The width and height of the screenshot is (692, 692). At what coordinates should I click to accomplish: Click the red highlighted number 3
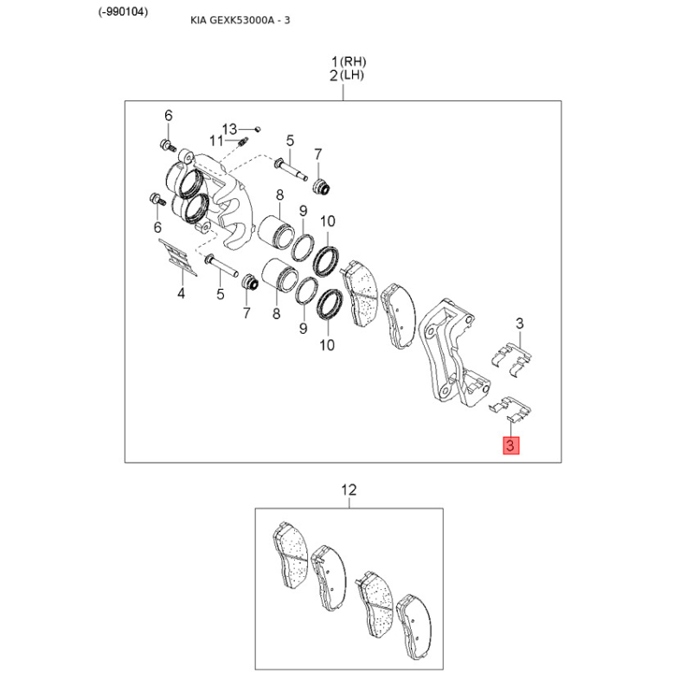point(511,445)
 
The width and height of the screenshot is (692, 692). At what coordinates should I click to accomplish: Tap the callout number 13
point(229,129)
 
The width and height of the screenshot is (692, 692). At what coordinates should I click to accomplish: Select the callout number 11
point(216,141)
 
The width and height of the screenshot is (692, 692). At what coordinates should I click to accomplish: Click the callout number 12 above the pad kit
point(349,490)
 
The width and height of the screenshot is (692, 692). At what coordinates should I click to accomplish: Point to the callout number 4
point(181,293)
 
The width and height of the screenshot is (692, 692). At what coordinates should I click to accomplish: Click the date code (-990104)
point(123,12)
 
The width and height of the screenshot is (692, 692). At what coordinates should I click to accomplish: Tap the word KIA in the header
point(198,20)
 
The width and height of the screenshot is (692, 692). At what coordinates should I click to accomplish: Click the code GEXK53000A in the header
point(242,20)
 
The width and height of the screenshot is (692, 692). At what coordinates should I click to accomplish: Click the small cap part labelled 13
point(258,129)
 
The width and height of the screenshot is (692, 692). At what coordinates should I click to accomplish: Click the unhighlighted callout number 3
point(520,324)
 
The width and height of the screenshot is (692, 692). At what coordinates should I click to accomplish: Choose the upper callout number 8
point(279,195)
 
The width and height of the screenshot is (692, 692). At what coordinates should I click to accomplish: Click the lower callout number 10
point(327,344)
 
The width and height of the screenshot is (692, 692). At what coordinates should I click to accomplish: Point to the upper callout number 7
point(317,155)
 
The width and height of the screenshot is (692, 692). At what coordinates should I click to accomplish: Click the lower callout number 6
point(157,227)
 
